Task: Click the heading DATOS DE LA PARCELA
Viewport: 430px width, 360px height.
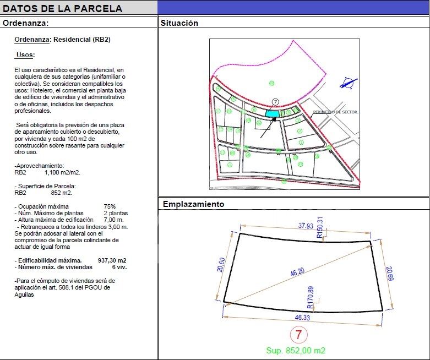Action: click(x=63, y=9)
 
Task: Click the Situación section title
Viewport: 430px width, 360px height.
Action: click(x=179, y=23)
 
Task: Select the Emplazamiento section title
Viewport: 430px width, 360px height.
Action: click(x=193, y=204)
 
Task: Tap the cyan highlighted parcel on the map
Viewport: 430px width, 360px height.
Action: click(x=272, y=113)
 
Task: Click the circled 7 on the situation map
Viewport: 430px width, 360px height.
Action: click(x=275, y=102)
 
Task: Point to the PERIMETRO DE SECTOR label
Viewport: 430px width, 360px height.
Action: click(x=335, y=112)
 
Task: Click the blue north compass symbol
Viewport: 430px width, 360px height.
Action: click(x=348, y=84)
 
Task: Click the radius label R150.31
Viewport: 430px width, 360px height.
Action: click(x=320, y=227)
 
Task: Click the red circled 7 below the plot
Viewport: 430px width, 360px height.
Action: click(x=298, y=334)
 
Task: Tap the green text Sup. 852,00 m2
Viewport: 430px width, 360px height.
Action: click(x=296, y=350)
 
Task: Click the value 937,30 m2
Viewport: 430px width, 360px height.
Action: click(x=112, y=260)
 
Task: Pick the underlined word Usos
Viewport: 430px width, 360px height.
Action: click(x=25, y=55)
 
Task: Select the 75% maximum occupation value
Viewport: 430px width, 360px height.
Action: click(x=110, y=207)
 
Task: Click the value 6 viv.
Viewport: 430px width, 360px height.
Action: click(x=119, y=267)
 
